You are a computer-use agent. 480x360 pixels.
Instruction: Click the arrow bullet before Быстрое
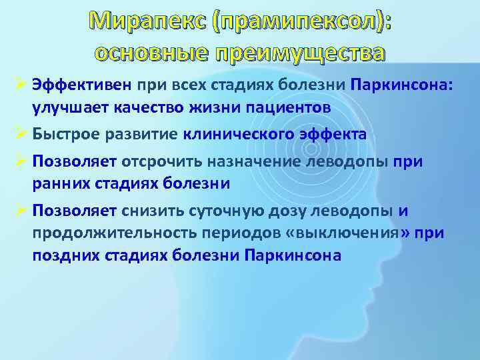(x=19, y=134)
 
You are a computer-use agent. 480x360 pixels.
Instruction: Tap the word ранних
(x=59, y=182)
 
